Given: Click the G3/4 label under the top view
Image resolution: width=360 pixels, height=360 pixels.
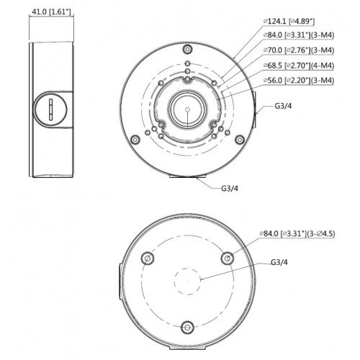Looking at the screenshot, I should coord(230,189).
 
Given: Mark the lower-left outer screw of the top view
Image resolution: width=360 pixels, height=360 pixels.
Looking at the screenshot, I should coord(133,139).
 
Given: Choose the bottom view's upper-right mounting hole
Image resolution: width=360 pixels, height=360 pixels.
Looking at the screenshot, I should coord(227,258).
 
